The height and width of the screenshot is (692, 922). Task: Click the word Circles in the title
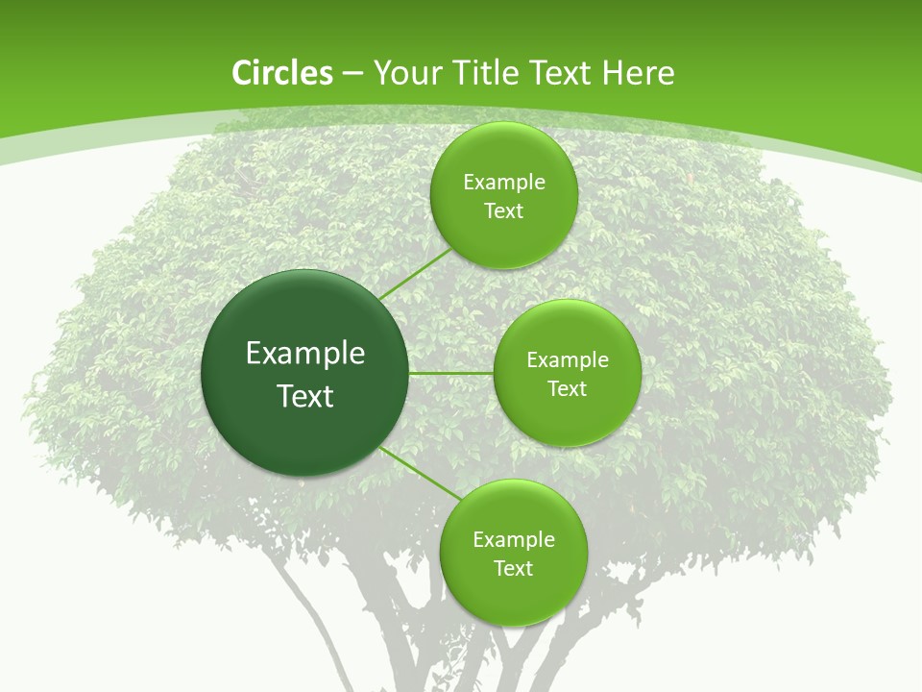click(x=281, y=73)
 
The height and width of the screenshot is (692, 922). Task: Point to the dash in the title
click(x=352, y=74)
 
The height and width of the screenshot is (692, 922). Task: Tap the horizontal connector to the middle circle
click(x=451, y=373)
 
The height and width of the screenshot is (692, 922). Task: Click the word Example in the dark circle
click(x=305, y=354)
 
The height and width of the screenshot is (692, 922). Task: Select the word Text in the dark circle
click(x=305, y=396)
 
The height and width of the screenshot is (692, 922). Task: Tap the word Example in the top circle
click(x=504, y=182)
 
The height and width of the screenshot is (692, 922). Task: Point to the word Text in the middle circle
click(x=567, y=388)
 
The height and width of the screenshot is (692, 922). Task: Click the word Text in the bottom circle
click(x=513, y=568)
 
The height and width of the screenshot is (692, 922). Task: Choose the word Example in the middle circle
click(x=567, y=359)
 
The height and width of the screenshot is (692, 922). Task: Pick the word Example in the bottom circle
click(x=513, y=539)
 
